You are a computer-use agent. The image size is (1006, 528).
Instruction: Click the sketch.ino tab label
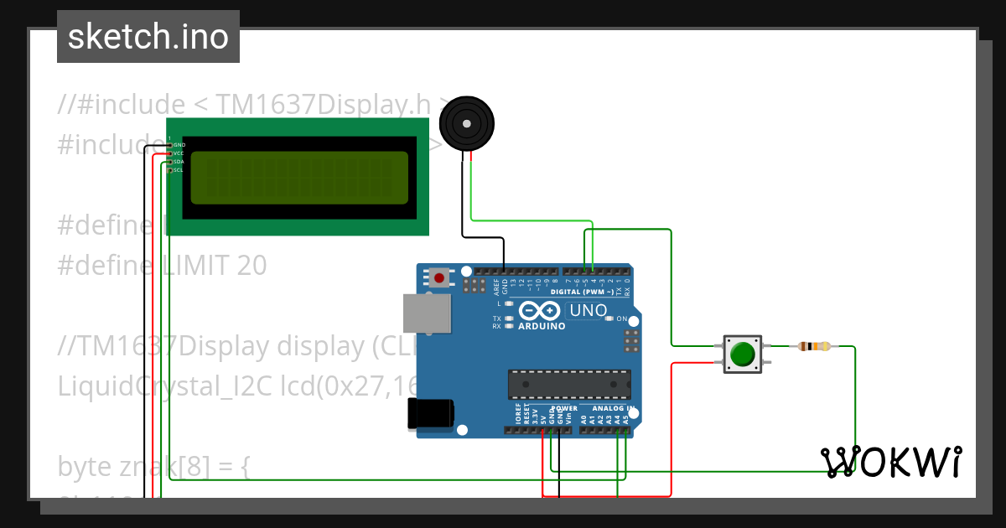[148, 37]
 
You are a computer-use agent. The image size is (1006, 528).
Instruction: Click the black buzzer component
[466, 124]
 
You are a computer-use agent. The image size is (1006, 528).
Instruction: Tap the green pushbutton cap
[742, 354]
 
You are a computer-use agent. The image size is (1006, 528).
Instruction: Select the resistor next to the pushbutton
[814, 346]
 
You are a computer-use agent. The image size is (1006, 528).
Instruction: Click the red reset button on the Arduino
[439, 277]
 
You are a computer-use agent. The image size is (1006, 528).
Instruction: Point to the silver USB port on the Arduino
[426, 313]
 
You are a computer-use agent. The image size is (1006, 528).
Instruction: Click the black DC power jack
[431, 414]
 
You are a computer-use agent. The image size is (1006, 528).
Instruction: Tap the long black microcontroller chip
[568, 384]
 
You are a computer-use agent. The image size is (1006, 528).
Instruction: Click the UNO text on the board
[588, 311]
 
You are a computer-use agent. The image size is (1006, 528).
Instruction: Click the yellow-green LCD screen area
[299, 179]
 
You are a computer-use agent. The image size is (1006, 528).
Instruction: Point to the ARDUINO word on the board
[542, 325]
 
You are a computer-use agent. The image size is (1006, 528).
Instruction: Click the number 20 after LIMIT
[251, 266]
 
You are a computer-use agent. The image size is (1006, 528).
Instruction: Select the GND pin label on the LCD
[179, 145]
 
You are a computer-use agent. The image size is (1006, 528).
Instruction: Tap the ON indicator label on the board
[621, 318]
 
